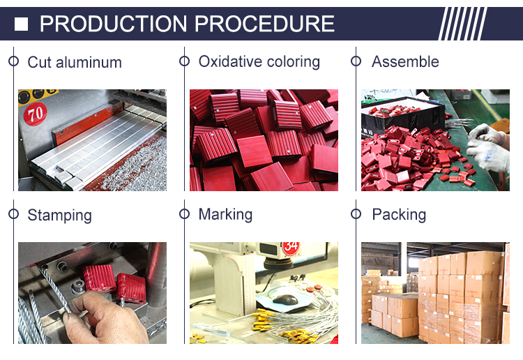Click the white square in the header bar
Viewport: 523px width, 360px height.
point(21,24)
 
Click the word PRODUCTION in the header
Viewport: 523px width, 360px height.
point(113,24)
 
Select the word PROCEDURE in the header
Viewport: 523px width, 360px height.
point(264,24)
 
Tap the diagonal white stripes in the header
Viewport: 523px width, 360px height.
point(462,24)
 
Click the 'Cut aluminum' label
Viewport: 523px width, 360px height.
point(75,62)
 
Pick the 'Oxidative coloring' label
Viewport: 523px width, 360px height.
point(259,61)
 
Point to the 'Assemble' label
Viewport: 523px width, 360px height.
point(405,61)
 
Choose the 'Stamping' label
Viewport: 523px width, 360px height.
point(60,215)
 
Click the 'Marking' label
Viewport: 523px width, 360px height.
point(225,214)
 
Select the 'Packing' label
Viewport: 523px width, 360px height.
point(399,214)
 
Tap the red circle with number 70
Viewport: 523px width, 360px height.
point(35,114)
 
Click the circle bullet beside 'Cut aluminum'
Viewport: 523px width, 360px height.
point(14,61)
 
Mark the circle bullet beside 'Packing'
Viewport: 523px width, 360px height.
point(356,214)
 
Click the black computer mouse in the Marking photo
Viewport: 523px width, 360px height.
point(285,299)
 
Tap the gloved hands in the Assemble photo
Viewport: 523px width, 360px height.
point(487,147)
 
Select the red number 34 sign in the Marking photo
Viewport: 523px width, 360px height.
point(291,248)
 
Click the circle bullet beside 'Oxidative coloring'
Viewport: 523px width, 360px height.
point(185,61)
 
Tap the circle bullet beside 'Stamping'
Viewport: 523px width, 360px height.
point(14,214)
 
